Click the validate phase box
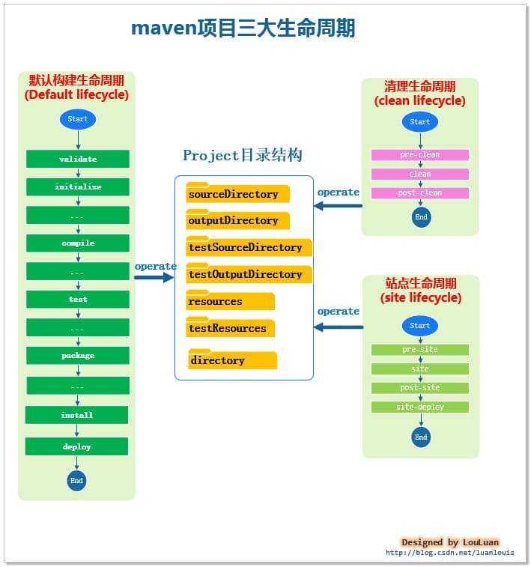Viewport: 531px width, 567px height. pos(78,159)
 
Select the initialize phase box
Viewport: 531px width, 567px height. pos(78,187)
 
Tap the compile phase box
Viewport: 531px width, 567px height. pos(78,243)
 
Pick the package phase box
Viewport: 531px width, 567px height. pos(78,355)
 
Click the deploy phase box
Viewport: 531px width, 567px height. pos(77,446)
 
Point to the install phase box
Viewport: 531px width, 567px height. pos(77,415)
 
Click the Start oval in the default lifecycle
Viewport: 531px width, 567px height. pos(78,119)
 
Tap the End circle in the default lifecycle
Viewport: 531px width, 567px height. pos(76,480)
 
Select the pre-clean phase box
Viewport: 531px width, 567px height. pos(420,155)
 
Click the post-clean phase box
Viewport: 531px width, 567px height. pos(420,193)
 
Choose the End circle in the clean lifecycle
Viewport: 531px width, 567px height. pos(422,217)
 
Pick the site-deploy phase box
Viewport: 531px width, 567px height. pos(420,407)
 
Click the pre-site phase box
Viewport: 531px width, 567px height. pos(420,350)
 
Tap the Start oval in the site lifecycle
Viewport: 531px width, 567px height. pos(420,326)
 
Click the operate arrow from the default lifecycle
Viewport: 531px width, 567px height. pos(154,277)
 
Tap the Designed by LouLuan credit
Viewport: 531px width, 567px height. pos(450,542)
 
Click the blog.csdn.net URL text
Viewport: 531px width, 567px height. pos(450,553)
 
